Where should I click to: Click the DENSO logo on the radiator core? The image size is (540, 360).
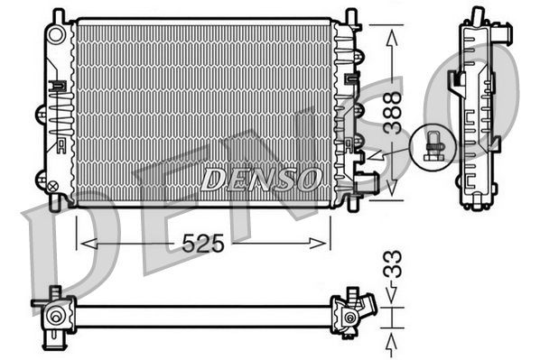260,178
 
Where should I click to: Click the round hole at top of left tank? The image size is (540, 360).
59,34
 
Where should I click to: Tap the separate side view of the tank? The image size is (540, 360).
478,113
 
